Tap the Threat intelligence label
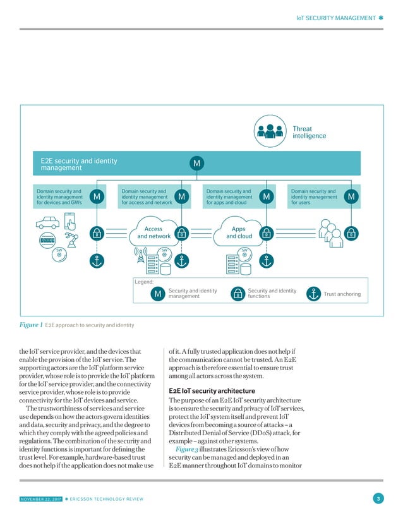[310, 132]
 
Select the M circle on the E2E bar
[197, 164]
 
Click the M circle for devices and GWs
[97, 198]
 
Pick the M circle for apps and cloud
[266, 198]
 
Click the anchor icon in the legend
[313, 294]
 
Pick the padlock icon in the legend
[238, 294]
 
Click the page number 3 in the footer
[377, 500]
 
